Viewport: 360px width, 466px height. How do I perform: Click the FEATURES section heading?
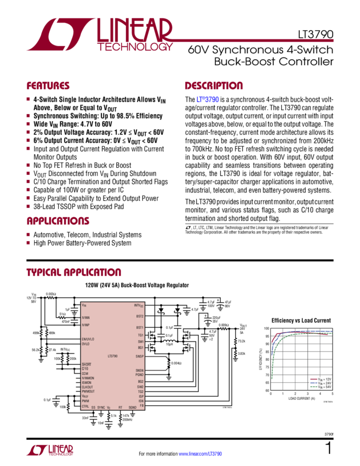point(49,86)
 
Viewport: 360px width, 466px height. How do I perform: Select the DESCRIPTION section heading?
point(213,86)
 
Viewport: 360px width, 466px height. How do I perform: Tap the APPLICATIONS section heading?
point(60,222)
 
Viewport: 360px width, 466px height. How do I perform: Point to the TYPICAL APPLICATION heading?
point(74,273)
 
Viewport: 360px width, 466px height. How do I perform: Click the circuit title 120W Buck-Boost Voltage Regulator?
point(137,286)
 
